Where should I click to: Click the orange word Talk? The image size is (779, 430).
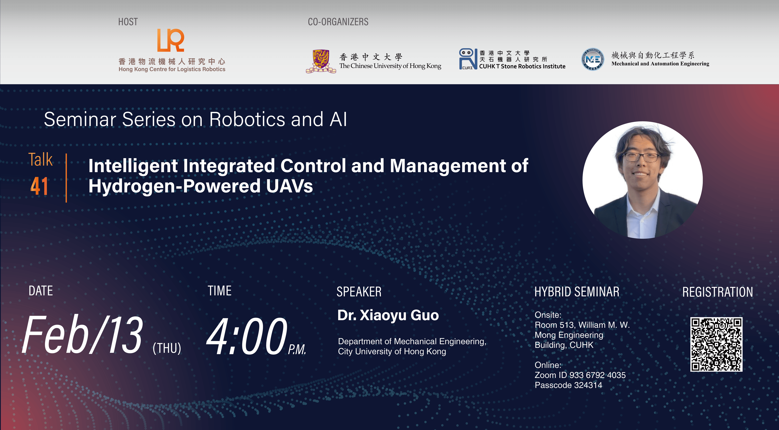[41, 160]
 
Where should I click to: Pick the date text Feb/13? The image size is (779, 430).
[82, 335]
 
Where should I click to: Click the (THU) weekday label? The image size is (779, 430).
[167, 348]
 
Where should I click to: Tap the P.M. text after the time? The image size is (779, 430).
[297, 350]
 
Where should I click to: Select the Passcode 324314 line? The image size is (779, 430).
[568, 385]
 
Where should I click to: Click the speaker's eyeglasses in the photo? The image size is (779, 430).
[642, 157]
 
